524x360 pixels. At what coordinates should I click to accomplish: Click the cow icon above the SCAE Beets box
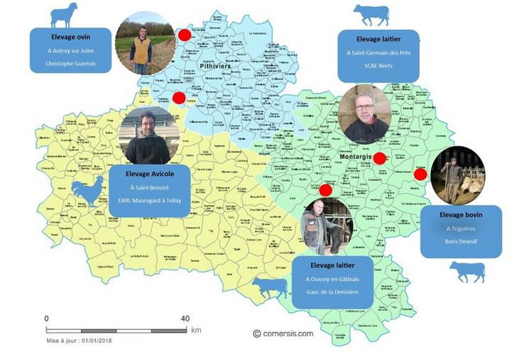pyautogui.click(x=371, y=13)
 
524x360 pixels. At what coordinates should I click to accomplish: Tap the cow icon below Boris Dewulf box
pyautogui.click(x=466, y=271)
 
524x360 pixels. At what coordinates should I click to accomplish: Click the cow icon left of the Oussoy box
pyautogui.click(x=270, y=287)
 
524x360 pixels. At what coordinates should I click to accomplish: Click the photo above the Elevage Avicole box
pyautogui.click(x=148, y=136)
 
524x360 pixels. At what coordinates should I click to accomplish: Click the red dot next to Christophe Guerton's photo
pyautogui.click(x=185, y=35)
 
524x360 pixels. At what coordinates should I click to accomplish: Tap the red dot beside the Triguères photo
pyautogui.click(x=420, y=174)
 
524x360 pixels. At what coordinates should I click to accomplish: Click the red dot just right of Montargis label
pyautogui.click(x=379, y=158)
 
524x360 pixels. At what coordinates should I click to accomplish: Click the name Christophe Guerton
pyautogui.click(x=70, y=63)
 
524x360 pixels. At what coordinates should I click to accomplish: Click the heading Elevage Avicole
pyautogui.click(x=149, y=173)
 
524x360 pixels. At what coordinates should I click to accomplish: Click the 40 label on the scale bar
pyautogui.click(x=185, y=318)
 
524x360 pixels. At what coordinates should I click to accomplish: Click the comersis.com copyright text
pyautogui.click(x=283, y=333)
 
